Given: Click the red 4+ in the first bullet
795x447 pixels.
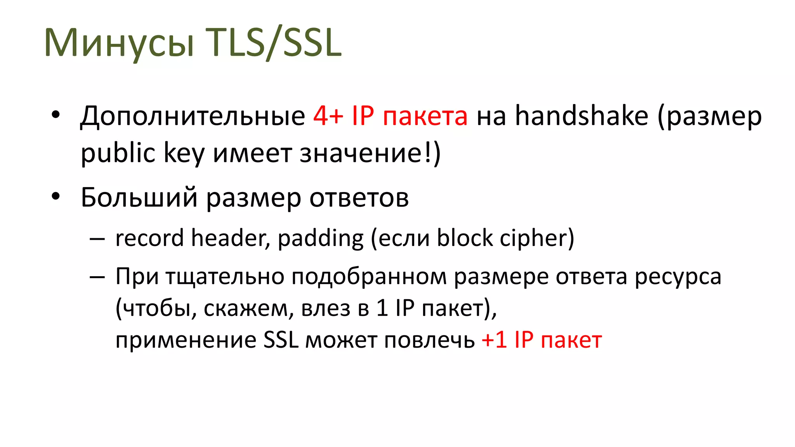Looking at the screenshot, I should pos(328,116).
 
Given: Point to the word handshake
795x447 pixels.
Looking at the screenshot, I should pos(581,116).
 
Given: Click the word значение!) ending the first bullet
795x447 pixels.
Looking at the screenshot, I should pos(370,153).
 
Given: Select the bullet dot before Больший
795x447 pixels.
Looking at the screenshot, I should pos(56,196).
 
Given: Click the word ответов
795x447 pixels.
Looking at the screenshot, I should pos(359,198).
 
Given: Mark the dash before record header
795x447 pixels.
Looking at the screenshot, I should pos(97,239).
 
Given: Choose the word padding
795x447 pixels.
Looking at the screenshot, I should pos(321,238).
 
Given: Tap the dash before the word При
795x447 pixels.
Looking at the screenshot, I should pos(97,277).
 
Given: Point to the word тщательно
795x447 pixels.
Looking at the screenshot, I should pos(225,277).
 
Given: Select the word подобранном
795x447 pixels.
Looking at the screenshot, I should pos(369,277).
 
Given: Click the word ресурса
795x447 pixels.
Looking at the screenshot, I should pos(678,277).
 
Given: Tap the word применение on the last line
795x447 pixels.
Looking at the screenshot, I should pos(186,340).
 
